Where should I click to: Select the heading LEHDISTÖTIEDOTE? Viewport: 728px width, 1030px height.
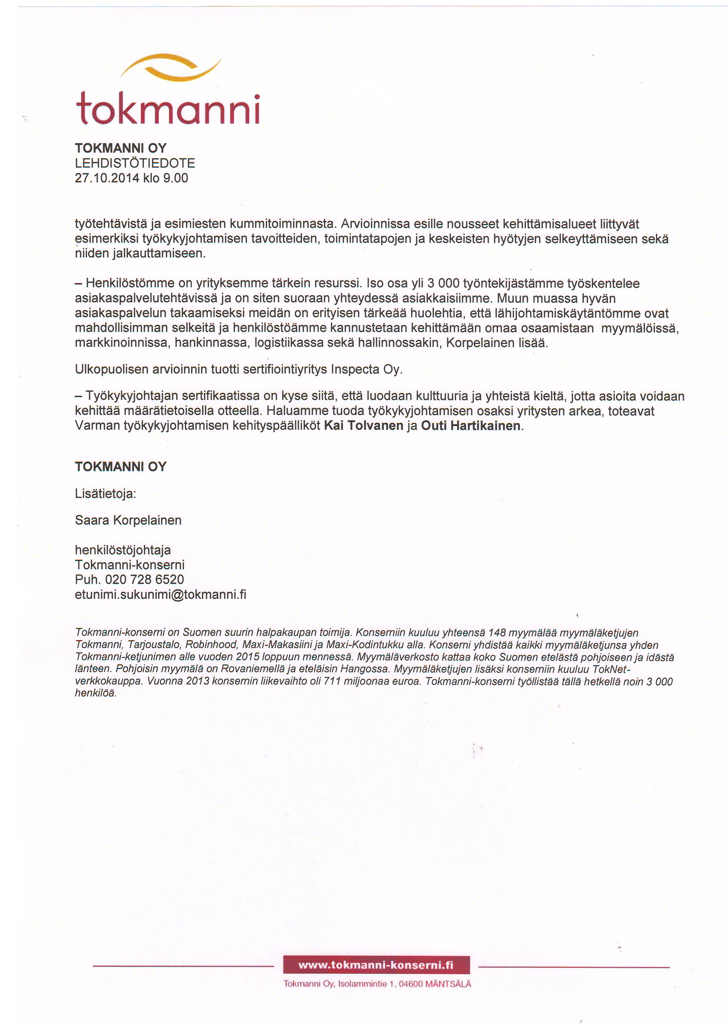pyautogui.click(x=134, y=163)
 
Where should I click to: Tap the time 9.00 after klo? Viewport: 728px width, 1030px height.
pyautogui.click(x=175, y=178)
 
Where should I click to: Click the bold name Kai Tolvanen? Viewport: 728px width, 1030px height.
pyautogui.click(x=363, y=426)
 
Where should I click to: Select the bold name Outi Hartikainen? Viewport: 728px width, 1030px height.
pyautogui.click(x=471, y=426)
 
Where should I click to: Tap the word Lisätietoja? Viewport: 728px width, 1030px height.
pyautogui.click(x=105, y=494)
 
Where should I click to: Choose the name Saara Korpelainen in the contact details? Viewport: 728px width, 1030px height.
pyautogui.click(x=128, y=520)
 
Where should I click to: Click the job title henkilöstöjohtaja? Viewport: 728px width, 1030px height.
pyautogui.click(x=123, y=550)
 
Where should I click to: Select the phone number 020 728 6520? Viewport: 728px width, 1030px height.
pyautogui.click(x=144, y=580)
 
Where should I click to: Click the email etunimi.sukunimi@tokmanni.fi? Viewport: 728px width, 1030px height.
pyautogui.click(x=161, y=595)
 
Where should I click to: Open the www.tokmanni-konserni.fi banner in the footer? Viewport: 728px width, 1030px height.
pyautogui.click(x=376, y=965)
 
